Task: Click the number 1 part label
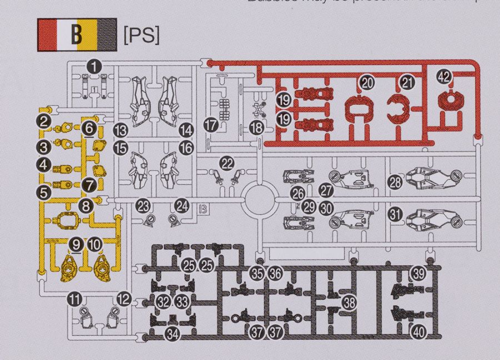(x=96, y=67)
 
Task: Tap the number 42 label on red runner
(x=444, y=77)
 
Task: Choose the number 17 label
(x=210, y=126)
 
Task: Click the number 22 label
(x=227, y=163)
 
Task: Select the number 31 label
(x=395, y=214)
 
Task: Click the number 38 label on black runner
(x=349, y=302)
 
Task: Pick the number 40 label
(x=418, y=332)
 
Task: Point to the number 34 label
(x=173, y=334)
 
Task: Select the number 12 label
(x=123, y=299)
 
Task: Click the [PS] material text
(x=141, y=34)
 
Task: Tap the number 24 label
(x=182, y=205)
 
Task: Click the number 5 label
(x=44, y=192)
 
